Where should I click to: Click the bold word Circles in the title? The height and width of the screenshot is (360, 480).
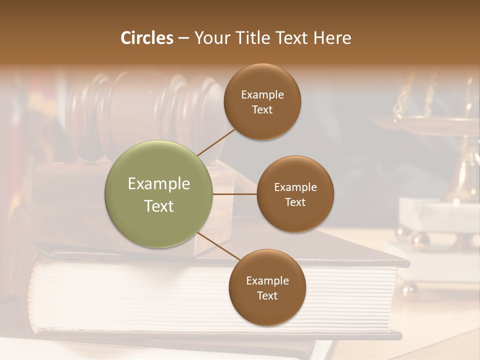coord(147,38)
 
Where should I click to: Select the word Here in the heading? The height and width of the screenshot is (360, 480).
coord(332,38)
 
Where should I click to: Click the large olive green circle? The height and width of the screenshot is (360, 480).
coord(158,194)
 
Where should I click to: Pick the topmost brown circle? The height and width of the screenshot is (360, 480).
coord(262,101)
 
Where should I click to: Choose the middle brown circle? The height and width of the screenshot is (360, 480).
coord(295,194)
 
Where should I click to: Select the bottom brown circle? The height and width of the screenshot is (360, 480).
coord(267,287)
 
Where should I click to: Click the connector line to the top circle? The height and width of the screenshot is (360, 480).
coord(216,141)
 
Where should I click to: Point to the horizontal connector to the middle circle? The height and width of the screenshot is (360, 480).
coord(235,194)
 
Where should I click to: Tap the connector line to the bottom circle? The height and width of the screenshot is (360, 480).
coord(219,245)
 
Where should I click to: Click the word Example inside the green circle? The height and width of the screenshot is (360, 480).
coord(158,184)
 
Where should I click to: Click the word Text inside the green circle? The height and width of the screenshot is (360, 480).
coord(158,206)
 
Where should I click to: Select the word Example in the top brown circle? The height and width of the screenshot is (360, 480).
coord(262,95)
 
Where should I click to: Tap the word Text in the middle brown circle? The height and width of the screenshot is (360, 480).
coord(295,202)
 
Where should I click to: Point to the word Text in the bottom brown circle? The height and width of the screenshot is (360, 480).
coord(267,295)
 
